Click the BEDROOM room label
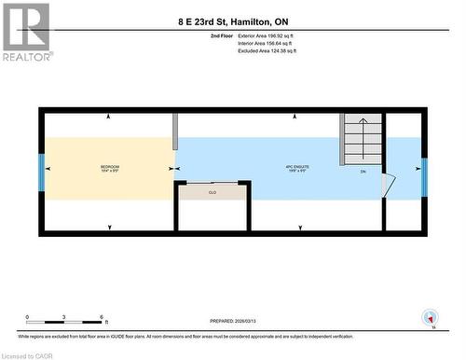(110, 168)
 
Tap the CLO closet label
(212, 193)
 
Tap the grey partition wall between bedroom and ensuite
(174, 131)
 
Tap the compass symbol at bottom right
(429, 316)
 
